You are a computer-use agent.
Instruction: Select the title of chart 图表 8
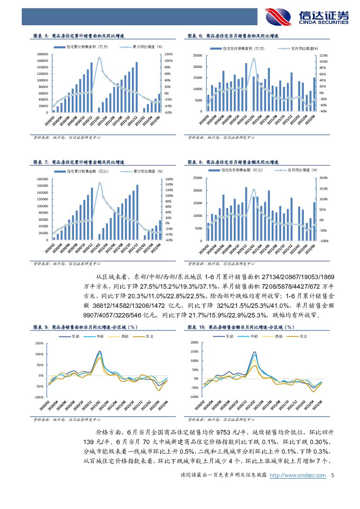coord(233,162)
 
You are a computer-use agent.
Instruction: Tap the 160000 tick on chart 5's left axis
coord(41,61)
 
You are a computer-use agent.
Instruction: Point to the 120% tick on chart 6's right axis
coord(323,56)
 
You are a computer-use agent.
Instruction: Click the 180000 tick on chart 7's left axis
coord(41,179)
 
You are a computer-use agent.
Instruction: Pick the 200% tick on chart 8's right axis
coord(323,178)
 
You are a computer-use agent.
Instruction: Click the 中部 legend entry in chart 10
coord(255,336)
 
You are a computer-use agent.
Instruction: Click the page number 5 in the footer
coord(333,475)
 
